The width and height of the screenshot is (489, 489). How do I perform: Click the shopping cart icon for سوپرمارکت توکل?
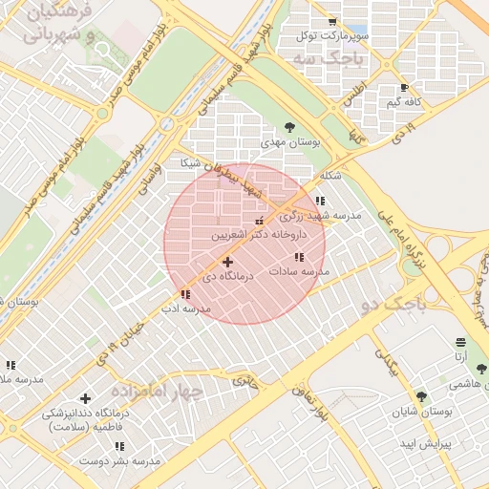coord(331,22)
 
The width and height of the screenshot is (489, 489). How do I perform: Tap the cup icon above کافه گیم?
coord(404,88)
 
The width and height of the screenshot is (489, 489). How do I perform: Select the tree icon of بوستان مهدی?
coord(289,127)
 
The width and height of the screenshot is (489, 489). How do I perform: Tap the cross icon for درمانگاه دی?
coord(226,262)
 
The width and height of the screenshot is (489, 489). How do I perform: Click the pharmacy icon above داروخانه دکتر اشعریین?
coord(259,222)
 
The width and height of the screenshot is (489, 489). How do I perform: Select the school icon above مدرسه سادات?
coord(299,257)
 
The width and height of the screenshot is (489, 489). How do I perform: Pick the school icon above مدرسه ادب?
coord(184,295)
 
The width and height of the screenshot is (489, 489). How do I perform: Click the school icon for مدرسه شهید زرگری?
coord(319,201)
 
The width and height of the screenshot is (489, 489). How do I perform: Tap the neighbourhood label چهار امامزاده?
coord(158,392)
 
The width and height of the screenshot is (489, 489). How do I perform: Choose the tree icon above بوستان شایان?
coord(421,396)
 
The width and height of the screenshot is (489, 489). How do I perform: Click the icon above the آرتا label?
coord(461,342)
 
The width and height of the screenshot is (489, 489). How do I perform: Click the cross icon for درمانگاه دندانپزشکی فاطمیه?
coord(86,398)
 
